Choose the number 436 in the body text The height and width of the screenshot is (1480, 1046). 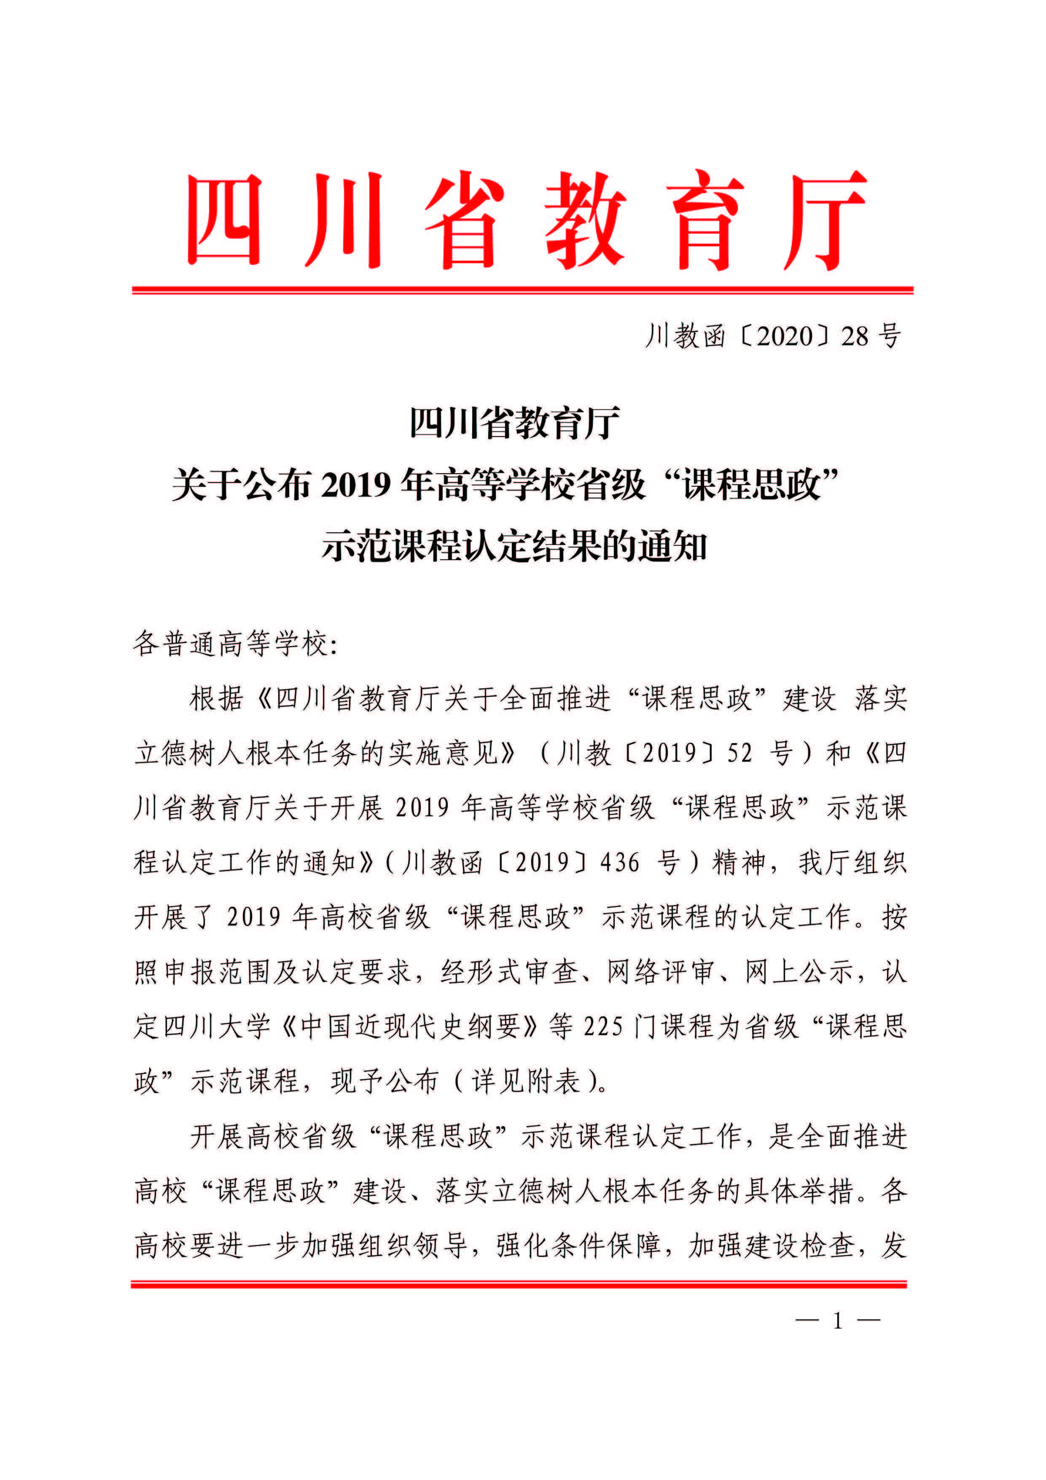620,863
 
